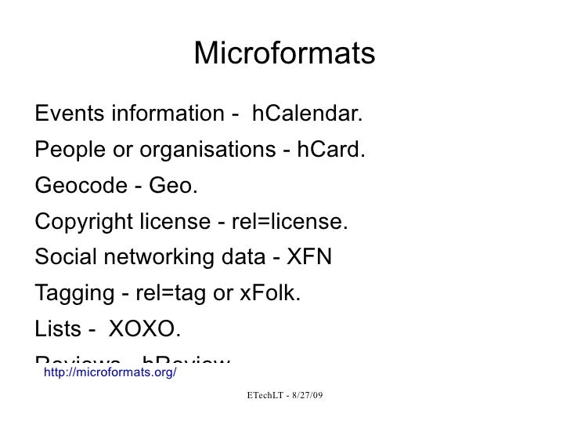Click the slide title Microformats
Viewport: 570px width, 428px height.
(x=284, y=54)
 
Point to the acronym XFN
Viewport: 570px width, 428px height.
(x=310, y=258)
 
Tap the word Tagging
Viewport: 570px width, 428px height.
(x=72, y=294)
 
